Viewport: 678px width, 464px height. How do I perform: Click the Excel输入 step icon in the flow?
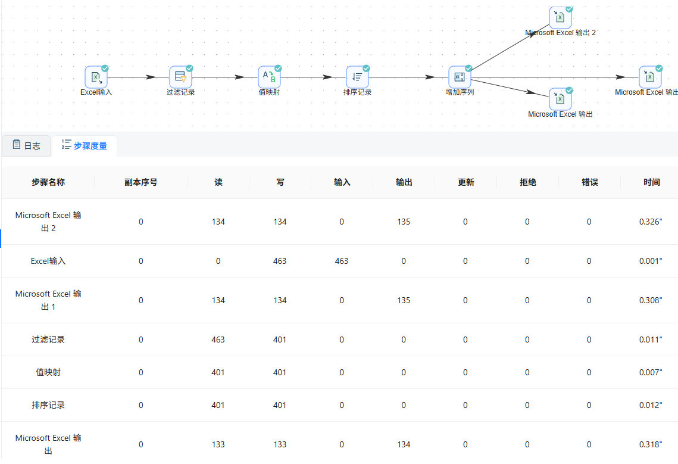96,77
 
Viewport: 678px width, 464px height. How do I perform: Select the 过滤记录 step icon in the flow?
180,77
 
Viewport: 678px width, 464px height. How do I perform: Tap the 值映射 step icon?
269,77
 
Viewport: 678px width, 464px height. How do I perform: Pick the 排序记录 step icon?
357,77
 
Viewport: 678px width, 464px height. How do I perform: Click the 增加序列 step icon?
460,77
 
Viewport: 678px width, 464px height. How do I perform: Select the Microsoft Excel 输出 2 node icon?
560,18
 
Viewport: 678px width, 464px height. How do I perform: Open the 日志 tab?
26,145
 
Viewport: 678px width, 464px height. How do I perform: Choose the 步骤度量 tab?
85,145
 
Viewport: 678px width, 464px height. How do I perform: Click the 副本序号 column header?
141,182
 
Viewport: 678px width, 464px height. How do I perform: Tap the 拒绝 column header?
527,182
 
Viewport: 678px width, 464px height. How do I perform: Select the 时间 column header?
651,182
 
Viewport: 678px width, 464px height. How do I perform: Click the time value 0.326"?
651,222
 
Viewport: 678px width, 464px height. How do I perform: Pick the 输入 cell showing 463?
342,261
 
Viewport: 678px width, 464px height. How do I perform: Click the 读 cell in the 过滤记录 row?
218,340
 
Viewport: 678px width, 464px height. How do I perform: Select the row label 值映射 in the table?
48,372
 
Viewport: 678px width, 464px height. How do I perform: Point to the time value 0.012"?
651,405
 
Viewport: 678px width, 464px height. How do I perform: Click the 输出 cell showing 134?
404,444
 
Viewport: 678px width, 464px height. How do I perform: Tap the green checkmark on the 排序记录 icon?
366,68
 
